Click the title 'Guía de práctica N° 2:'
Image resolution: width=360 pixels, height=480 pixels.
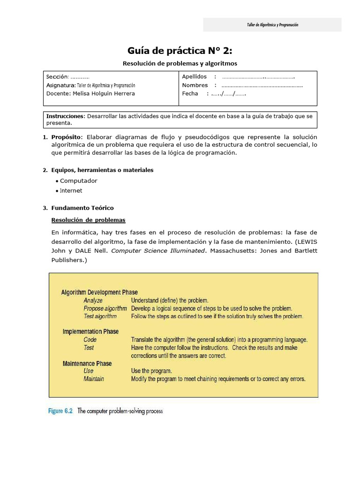click(x=180, y=51)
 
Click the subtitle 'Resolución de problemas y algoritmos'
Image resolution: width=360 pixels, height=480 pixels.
click(x=180, y=63)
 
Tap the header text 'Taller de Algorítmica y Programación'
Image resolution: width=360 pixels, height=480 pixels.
click(x=272, y=25)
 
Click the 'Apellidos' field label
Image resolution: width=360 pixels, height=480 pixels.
click(x=194, y=77)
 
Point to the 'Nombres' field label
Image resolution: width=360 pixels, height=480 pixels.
click(x=195, y=85)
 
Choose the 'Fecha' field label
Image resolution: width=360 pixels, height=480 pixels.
click(x=190, y=94)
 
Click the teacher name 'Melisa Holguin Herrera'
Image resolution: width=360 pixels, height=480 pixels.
click(x=104, y=94)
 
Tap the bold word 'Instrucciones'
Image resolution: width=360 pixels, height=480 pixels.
click(x=64, y=116)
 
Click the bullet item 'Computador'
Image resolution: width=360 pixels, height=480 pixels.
click(x=79, y=181)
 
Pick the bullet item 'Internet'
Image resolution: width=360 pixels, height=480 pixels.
click(x=71, y=191)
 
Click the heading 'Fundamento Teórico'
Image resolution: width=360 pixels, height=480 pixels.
click(x=82, y=208)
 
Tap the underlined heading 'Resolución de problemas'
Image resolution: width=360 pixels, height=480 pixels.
click(x=88, y=220)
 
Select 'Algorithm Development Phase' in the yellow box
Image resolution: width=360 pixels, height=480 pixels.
click(x=99, y=292)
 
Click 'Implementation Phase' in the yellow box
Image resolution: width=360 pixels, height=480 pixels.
click(x=90, y=332)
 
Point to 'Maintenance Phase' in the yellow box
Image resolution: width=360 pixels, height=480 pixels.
click(x=87, y=364)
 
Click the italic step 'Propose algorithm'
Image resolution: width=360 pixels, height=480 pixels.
click(x=105, y=308)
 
